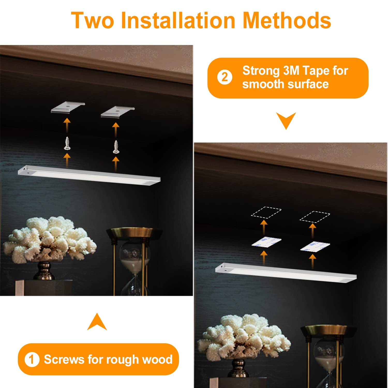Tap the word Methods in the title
point(287,20)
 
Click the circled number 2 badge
point(225,77)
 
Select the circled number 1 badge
point(32,360)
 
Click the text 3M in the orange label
point(292,71)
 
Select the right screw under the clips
point(116,147)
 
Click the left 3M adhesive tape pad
point(266,242)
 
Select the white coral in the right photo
point(244,336)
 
